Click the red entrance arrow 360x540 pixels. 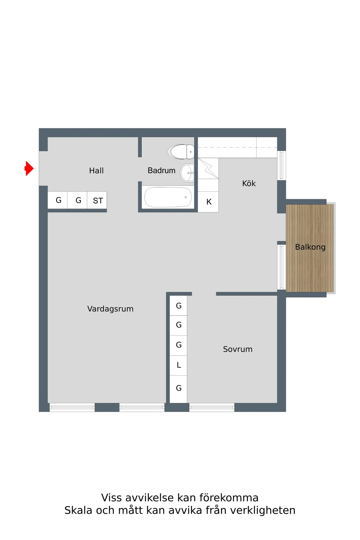29,168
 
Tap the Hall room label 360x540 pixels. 96,171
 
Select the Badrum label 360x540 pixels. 161,170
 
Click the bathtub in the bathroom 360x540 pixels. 168,197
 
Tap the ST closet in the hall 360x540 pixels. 97,200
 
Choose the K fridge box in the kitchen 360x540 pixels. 208,202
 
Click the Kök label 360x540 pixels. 249,183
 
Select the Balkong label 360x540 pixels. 310,247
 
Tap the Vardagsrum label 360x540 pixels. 110,309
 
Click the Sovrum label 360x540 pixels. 238,349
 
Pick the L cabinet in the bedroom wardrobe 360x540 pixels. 178,365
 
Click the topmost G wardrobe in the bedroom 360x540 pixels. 178,306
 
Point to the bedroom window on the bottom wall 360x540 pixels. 212,407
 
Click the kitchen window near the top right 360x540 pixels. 281,166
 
